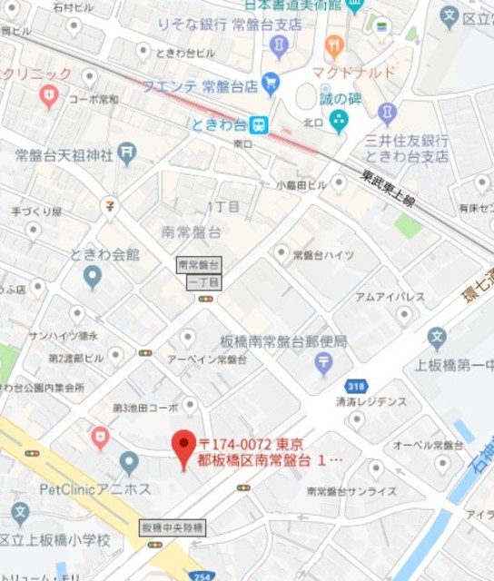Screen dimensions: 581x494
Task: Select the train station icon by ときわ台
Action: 260,123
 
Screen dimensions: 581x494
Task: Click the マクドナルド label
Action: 353,72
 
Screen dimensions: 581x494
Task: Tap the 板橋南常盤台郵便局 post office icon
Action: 323,364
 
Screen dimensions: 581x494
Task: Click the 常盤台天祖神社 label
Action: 64,156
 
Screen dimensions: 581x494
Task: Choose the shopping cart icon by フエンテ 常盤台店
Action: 270,84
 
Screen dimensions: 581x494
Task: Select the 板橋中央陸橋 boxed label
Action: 173,527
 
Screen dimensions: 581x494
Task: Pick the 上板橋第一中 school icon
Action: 437,339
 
